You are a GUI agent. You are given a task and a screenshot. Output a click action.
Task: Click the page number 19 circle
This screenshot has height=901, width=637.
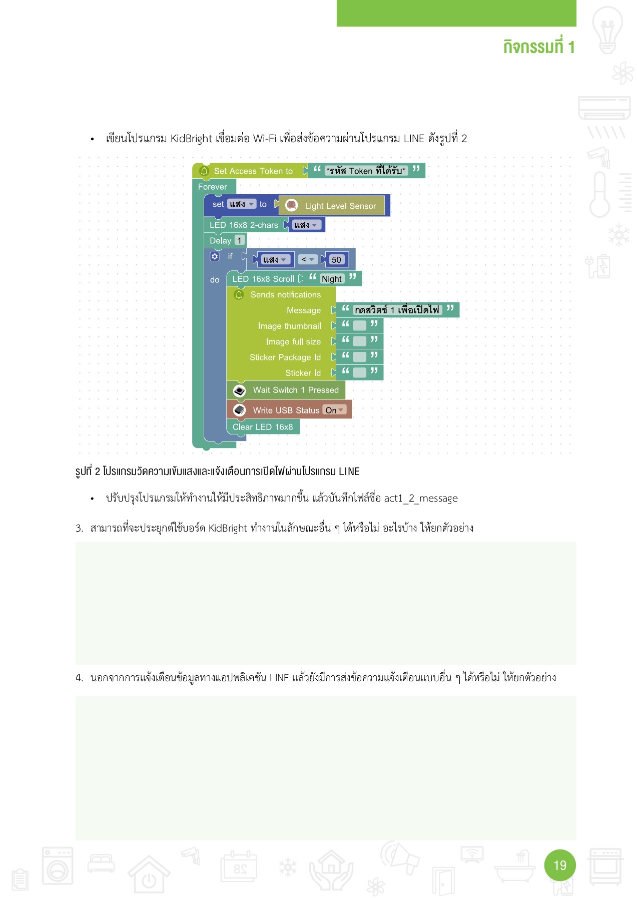pyautogui.click(x=560, y=865)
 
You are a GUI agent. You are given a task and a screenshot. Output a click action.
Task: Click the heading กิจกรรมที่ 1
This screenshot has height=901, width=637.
pyautogui.click(x=538, y=47)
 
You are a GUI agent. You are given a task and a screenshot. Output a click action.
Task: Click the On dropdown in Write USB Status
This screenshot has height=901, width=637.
pyautogui.click(x=334, y=410)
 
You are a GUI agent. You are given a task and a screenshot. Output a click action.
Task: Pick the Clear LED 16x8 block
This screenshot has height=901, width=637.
pyautogui.click(x=263, y=427)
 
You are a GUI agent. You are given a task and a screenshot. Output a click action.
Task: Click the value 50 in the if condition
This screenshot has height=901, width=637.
pyautogui.click(x=336, y=260)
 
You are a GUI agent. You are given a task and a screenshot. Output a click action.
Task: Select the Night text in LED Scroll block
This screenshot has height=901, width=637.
pyautogui.click(x=331, y=279)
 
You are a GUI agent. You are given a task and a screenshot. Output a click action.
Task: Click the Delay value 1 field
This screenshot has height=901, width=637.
pyautogui.click(x=239, y=241)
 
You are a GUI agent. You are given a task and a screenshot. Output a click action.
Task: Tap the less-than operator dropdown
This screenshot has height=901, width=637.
pyautogui.click(x=307, y=259)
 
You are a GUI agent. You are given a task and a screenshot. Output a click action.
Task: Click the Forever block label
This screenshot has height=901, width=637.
pyautogui.click(x=213, y=187)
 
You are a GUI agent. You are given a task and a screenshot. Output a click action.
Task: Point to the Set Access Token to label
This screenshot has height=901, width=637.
pyautogui.click(x=253, y=171)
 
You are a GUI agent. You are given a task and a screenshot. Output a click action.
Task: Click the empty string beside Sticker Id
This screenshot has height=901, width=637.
pyautogui.click(x=359, y=372)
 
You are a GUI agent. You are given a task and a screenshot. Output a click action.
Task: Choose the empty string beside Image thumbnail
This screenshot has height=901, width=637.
pyautogui.click(x=359, y=326)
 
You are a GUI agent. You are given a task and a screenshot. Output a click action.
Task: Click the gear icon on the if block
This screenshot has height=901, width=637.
pyautogui.click(x=215, y=256)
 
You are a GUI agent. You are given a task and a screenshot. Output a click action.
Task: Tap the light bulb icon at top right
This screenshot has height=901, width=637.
pyautogui.click(x=607, y=30)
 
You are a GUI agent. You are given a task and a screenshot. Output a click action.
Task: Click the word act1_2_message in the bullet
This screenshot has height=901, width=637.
pyautogui.click(x=420, y=498)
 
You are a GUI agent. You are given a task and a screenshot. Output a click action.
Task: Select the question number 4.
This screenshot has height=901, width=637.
pyautogui.click(x=79, y=678)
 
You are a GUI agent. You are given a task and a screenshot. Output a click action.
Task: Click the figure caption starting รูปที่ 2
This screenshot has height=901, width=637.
pyautogui.click(x=217, y=472)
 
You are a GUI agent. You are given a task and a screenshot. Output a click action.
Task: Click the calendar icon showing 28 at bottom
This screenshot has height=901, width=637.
pyautogui.click(x=239, y=866)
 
